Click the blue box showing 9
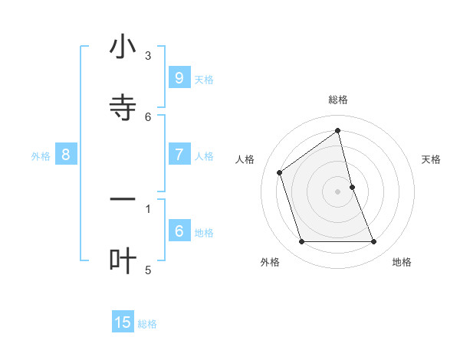179,77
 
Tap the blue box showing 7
179,154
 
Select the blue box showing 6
179,231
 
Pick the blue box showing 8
66,154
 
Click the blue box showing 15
123,322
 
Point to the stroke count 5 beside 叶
148,270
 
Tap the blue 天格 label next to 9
204,79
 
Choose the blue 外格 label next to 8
41,156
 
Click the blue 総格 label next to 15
147,324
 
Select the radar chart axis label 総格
338,100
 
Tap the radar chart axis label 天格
432,159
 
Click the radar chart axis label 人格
245,159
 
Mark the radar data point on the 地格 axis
374,242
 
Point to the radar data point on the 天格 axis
352,187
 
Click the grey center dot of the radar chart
338,191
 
